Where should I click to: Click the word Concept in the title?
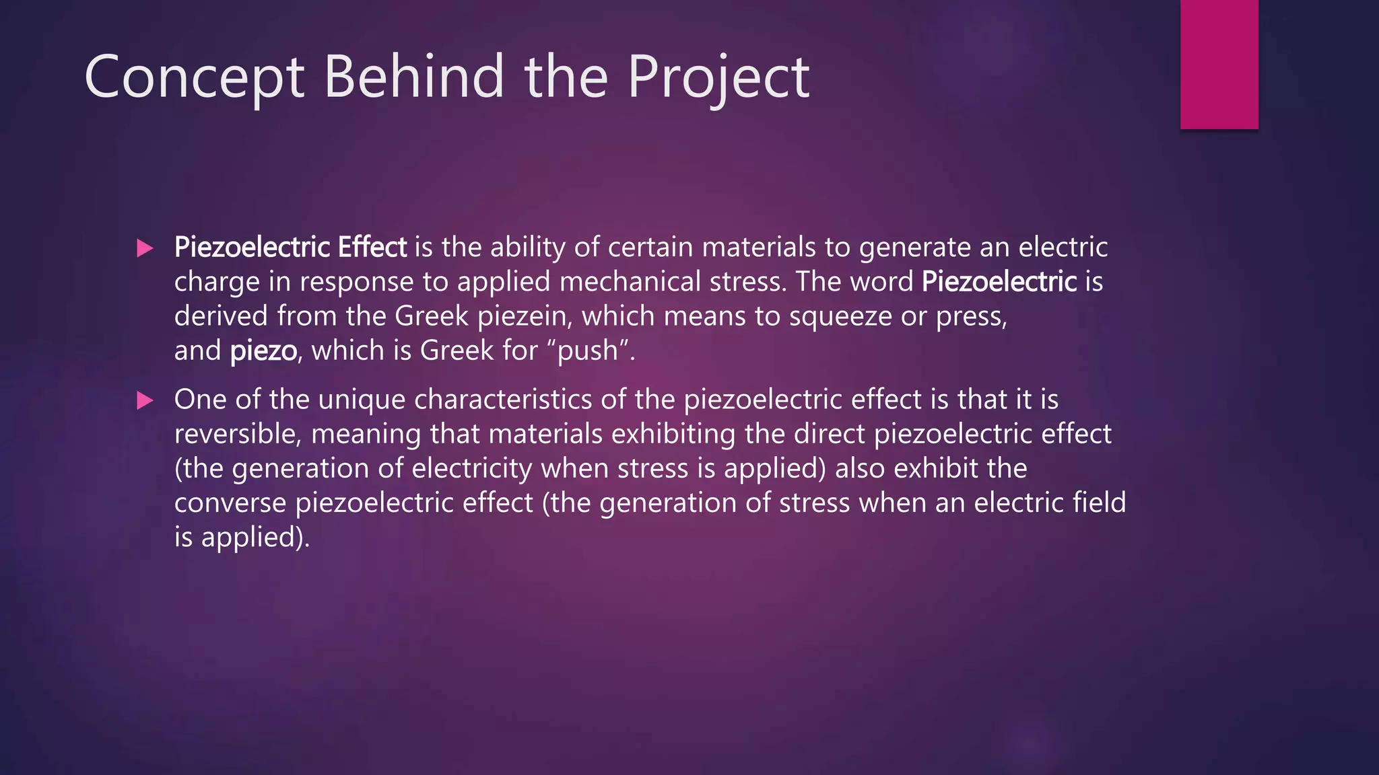[195, 77]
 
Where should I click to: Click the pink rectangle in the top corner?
[1219, 64]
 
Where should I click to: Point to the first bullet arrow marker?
[145, 248]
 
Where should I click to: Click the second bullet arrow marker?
[145, 400]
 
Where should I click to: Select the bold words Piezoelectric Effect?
[290, 248]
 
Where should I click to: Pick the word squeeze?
[840, 316]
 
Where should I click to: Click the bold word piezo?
[263, 350]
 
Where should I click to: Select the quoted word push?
[588, 350]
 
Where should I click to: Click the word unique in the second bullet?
[362, 400]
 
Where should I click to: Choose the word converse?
[230, 503]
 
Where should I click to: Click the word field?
[1099, 503]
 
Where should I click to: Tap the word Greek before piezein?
[431, 316]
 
